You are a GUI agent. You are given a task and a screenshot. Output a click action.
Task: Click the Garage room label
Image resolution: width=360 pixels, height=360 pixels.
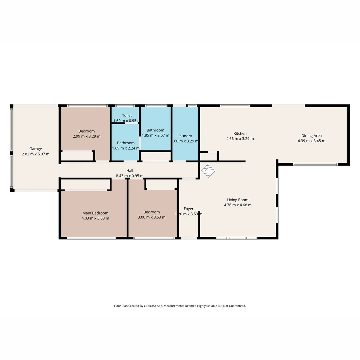[x=35, y=149]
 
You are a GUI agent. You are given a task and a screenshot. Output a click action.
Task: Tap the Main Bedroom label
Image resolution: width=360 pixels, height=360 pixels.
[x=95, y=213]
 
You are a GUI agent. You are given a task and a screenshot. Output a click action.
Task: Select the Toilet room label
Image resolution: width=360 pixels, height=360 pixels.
[x=127, y=115]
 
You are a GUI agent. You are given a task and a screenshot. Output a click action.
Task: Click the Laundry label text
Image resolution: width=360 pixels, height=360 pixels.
[x=185, y=136]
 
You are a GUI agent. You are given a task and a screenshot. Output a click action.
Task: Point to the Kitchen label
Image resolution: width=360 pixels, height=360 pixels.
[x=240, y=133]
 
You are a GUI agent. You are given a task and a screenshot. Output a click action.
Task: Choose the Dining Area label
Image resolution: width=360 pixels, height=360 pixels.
[x=311, y=136]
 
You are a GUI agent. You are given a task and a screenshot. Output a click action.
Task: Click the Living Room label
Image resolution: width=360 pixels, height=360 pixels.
[x=238, y=200]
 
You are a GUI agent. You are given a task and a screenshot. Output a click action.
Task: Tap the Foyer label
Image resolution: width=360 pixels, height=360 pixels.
[x=188, y=209]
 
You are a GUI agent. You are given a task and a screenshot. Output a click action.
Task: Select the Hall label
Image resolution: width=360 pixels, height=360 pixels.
[x=130, y=171]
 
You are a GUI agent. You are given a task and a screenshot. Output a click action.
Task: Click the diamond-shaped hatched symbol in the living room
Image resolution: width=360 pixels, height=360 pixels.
[x=208, y=171]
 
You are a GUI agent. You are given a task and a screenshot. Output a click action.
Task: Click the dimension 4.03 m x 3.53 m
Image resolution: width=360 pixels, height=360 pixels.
[x=95, y=218]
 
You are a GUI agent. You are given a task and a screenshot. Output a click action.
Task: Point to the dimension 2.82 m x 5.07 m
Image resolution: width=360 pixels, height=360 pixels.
[x=35, y=154]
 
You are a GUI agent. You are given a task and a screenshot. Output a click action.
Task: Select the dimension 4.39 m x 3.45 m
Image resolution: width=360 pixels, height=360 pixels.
[x=311, y=141]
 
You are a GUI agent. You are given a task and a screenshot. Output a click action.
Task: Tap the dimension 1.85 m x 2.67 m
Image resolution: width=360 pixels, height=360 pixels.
[x=155, y=135]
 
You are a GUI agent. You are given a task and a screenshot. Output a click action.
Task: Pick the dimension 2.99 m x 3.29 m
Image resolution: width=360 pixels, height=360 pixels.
[x=86, y=136]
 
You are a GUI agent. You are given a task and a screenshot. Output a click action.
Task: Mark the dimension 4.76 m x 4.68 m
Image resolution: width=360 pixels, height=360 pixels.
[x=238, y=205]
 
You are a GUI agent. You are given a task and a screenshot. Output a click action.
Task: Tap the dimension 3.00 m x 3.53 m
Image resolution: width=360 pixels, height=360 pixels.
[x=152, y=217]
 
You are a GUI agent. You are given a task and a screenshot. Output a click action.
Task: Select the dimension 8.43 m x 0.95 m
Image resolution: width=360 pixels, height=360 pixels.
[x=130, y=176]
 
